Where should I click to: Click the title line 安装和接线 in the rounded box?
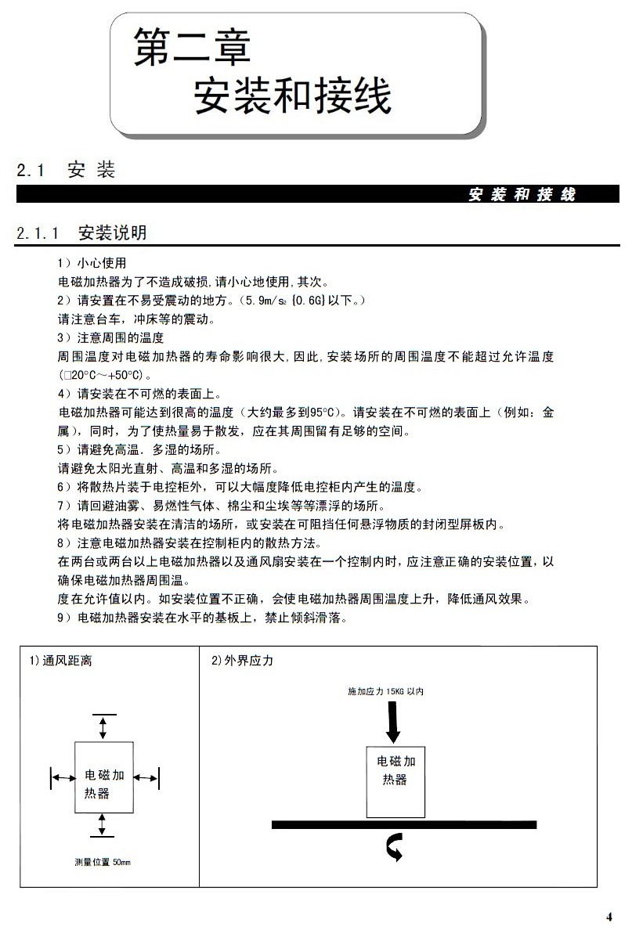pos(291,96)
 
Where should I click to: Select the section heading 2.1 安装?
pos(67,170)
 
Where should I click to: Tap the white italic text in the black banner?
pos(522,195)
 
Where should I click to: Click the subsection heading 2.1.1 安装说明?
pos(81,232)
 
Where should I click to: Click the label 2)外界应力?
pos(242,661)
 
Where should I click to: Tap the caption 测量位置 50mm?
pos(103,862)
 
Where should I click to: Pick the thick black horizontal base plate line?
pos(403,824)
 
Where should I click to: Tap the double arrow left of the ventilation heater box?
pos(63,777)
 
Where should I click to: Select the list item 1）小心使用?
pos(92,262)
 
